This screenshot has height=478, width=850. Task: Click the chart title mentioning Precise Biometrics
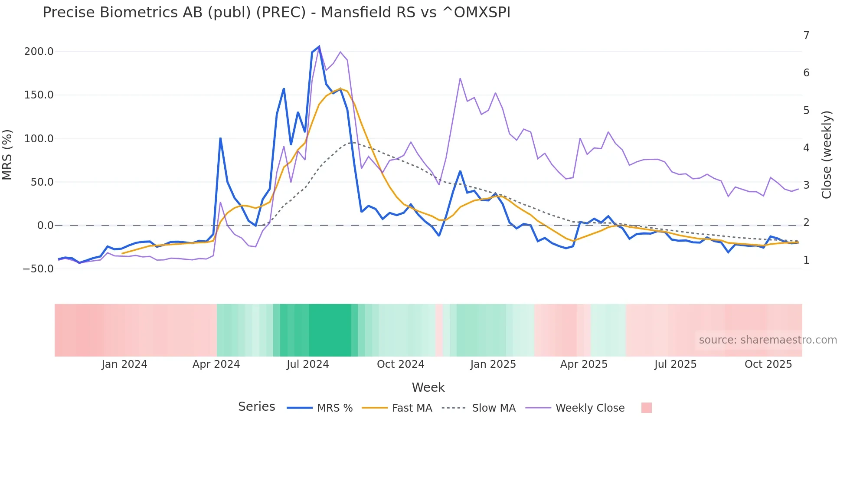[x=276, y=13]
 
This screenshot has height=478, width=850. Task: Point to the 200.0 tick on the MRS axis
[x=39, y=52]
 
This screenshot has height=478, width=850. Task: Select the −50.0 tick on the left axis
[x=38, y=269]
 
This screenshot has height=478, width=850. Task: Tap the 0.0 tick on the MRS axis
[x=45, y=226]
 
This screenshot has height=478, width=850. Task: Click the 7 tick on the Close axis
[x=806, y=36]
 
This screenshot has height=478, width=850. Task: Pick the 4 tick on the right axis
[x=806, y=148]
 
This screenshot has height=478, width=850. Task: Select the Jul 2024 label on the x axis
[x=307, y=364]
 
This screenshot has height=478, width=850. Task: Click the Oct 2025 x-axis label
[x=768, y=364]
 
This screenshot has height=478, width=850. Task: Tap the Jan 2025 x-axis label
[x=493, y=364]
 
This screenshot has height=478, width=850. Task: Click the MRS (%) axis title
[x=7, y=155]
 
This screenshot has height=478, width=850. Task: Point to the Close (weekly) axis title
[x=827, y=155]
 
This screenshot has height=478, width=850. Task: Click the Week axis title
[x=428, y=387]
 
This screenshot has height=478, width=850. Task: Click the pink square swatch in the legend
[x=646, y=408]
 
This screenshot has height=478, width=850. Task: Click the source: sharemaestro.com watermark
[x=768, y=340]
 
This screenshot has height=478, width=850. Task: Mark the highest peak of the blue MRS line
[x=319, y=46]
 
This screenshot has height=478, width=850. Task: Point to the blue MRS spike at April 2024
[x=220, y=138]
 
